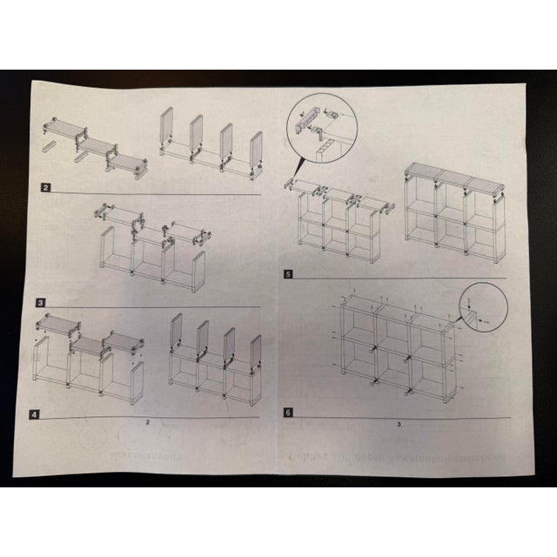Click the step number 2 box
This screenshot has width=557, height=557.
tap(45, 187)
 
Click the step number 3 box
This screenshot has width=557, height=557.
tap(42, 302)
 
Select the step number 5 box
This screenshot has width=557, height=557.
tap(288, 274)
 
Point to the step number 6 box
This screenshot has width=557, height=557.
tap(288, 413)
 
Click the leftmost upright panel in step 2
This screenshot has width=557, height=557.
tap(167, 128)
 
